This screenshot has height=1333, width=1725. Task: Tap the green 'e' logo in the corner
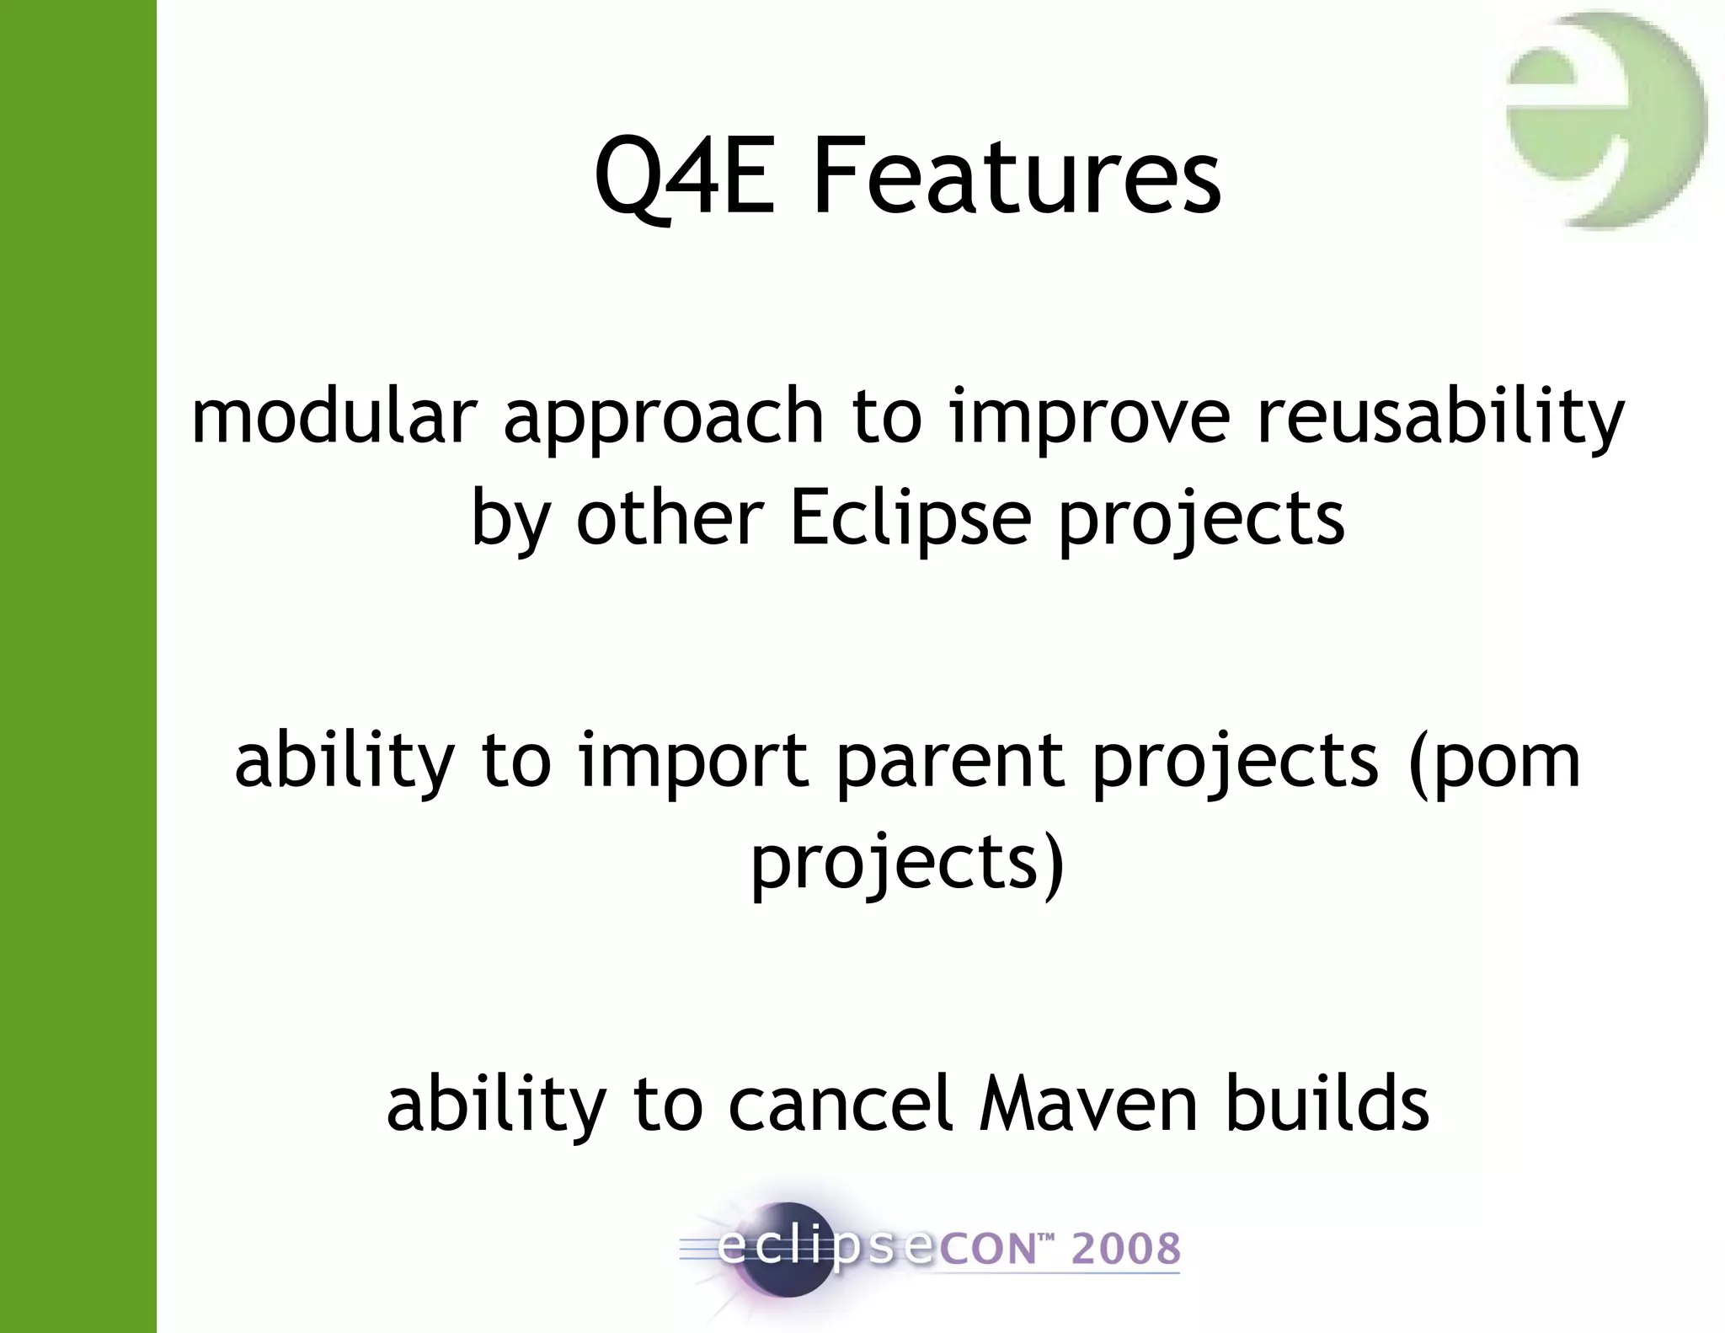tap(1605, 120)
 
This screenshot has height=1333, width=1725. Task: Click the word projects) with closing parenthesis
tap(908, 864)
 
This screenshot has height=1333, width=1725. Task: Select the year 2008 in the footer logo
tap(1125, 1249)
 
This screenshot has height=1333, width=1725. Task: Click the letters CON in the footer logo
tap(987, 1250)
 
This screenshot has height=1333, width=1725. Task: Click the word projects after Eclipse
tap(1201, 519)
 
